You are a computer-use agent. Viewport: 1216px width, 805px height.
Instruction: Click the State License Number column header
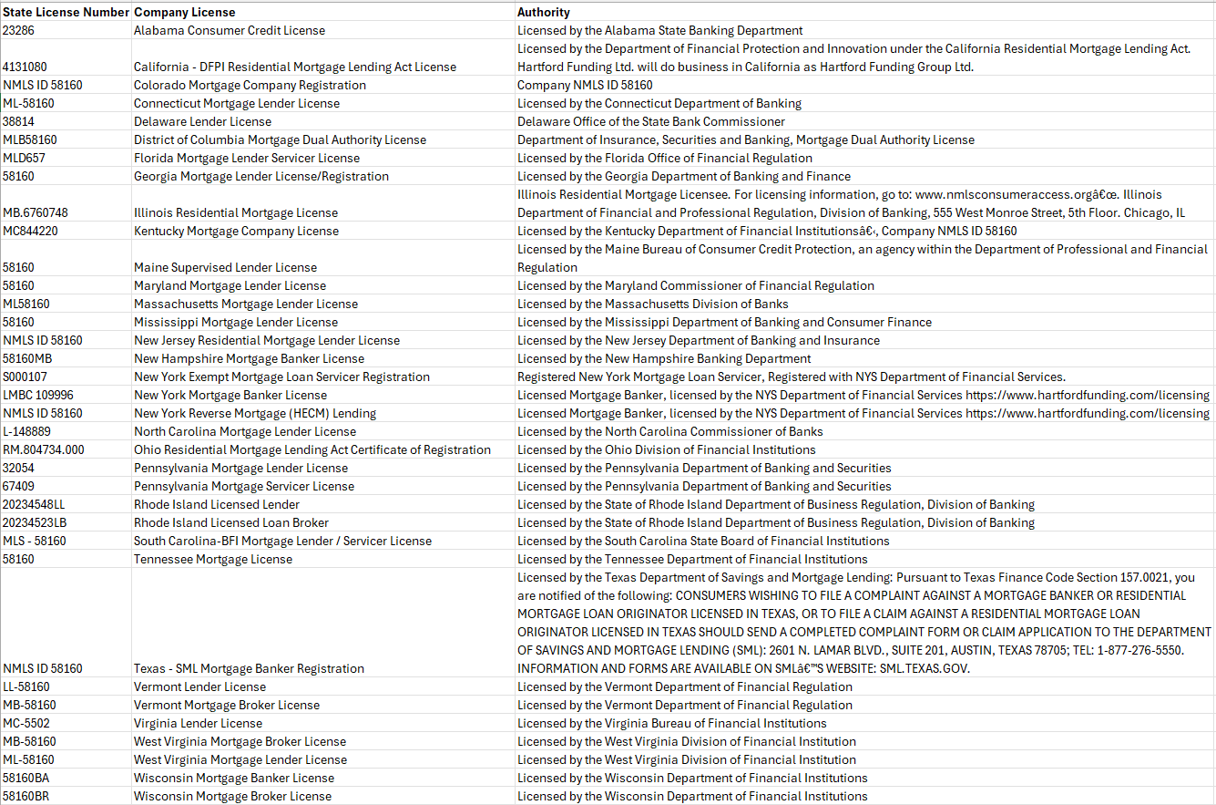[66, 12]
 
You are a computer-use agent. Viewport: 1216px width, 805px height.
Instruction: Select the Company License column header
[184, 12]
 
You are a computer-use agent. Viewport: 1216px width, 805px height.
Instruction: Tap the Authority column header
[544, 12]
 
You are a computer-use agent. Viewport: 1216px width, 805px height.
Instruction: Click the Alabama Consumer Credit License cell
[230, 30]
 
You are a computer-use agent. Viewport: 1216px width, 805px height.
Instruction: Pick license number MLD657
[24, 158]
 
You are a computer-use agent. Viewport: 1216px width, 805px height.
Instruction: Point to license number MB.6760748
[36, 212]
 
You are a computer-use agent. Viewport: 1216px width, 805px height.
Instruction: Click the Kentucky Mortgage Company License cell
[236, 231]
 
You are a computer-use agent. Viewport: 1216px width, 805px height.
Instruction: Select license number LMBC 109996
[38, 395]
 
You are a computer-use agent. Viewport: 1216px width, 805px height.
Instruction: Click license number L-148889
[26, 431]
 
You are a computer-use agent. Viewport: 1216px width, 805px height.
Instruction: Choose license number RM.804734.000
[43, 449]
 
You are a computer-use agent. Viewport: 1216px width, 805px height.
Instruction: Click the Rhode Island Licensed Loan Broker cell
[231, 522]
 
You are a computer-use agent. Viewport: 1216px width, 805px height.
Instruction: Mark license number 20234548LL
[34, 504]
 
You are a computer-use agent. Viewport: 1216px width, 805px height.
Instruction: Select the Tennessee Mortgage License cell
[213, 559]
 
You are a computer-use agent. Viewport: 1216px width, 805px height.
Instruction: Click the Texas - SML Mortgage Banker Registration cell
[249, 668]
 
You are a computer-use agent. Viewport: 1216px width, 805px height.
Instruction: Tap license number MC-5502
[26, 723]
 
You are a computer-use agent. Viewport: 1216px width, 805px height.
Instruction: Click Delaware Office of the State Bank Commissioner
[651, 121]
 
